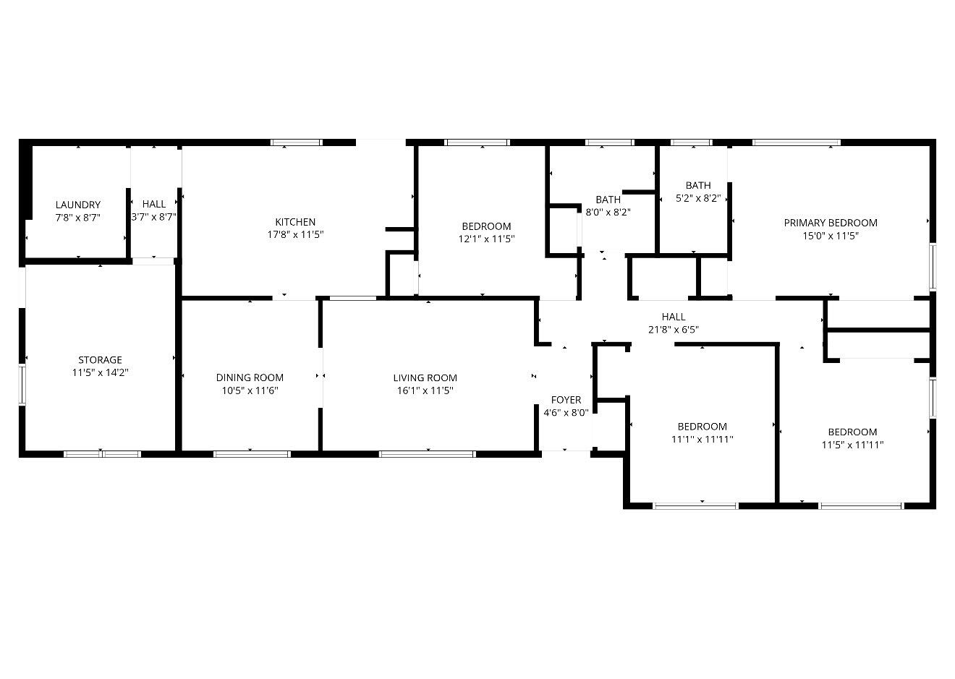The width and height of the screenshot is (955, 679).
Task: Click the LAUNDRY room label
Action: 78,205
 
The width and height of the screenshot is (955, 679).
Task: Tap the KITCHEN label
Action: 295,222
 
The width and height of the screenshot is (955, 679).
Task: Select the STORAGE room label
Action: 100,359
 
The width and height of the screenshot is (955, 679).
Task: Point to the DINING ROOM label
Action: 250,377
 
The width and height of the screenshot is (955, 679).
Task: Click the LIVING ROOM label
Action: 425,377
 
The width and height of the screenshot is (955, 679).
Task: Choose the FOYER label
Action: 566,400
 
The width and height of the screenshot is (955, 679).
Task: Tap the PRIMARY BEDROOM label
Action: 831,223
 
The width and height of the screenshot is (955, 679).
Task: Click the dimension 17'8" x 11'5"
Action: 295,234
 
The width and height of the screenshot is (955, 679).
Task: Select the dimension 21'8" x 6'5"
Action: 674,330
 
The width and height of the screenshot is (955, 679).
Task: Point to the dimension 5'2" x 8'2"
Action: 698,198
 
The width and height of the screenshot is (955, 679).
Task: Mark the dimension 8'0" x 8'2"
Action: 608,213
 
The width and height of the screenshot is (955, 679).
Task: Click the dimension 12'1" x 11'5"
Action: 486,239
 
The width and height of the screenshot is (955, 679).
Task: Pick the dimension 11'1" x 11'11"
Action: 703,439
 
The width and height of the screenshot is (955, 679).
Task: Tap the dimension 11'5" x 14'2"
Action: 100,372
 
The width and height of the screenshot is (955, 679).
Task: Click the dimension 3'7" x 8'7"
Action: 154,217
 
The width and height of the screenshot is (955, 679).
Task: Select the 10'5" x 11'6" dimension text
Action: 250,390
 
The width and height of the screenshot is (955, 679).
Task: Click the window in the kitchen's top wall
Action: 297,142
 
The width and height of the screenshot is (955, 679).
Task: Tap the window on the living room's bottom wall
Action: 427,454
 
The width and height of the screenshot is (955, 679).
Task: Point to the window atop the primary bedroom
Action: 797,142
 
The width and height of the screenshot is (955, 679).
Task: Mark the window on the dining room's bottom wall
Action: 252,454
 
